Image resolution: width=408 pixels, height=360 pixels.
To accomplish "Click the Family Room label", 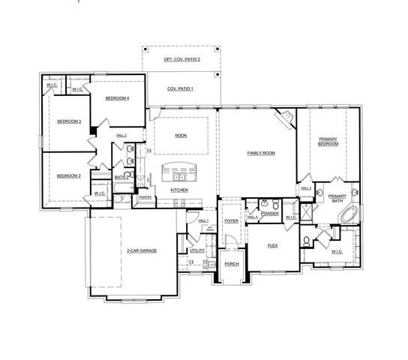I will [261, 153].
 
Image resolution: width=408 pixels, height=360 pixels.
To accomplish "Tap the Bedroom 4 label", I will [118, 98].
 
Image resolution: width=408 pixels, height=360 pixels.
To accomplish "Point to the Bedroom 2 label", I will [68, 175].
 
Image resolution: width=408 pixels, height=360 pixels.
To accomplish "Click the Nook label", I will [181, 136].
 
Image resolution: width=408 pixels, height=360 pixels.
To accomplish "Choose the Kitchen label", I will [178, 190].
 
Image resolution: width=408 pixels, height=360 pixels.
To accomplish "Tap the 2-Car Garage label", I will [141, 250].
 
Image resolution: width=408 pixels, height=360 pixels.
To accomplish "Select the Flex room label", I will [272, 245].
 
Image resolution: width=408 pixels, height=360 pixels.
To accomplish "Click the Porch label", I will [231, 264].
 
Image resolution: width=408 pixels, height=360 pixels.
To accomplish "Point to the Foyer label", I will [231, 221].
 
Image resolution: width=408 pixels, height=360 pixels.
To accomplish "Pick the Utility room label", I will [197, 250].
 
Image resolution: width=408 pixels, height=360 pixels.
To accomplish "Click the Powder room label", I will [270, 214].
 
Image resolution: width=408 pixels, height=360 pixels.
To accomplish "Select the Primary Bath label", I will [336, 199].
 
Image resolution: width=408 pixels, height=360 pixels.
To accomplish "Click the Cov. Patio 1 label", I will [180, 88].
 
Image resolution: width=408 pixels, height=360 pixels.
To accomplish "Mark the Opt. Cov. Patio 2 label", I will [181, 58].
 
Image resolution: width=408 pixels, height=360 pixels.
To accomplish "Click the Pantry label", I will [145, 197].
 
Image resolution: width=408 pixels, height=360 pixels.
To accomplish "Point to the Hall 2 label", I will [121, 135].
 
